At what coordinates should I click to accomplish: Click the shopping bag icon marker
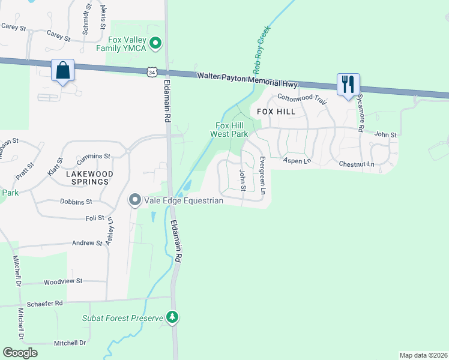(62, 71)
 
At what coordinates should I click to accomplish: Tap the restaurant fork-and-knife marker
(348, 85)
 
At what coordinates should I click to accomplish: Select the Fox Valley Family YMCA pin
(156, 43)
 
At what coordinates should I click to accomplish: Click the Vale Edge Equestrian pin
(135, 200)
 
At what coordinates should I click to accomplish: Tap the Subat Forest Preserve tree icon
(173, 316)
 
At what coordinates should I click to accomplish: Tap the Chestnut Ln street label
(356, 164)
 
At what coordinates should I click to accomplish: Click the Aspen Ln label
(297, 161)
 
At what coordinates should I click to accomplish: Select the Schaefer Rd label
(50, 304)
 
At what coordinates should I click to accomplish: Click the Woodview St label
(63, 281)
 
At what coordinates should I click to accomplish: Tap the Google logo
(20, 353)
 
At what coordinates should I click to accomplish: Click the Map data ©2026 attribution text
(423, 355)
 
